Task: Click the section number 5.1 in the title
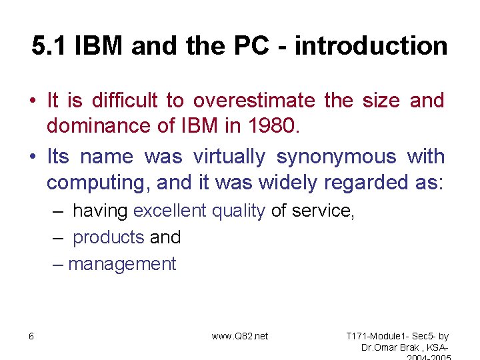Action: (50, 46)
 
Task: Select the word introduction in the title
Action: (371, 46)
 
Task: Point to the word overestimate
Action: (254, 101)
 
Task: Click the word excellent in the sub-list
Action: (169, 211)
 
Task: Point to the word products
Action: (108, 237)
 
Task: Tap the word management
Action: (122, 264)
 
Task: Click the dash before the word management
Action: (59, 264)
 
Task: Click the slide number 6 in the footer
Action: (31, 336)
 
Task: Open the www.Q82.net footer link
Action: (239, 336)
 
